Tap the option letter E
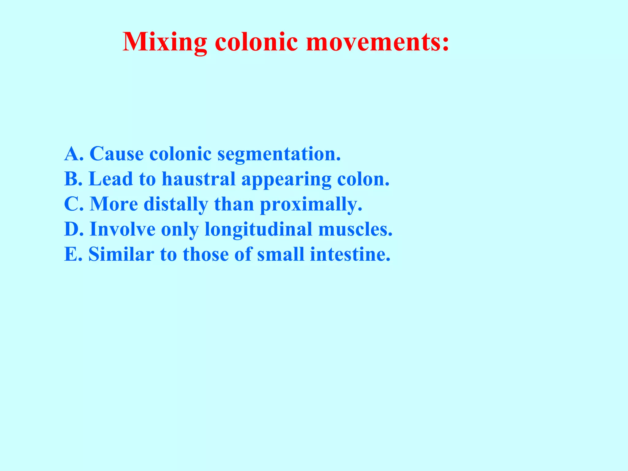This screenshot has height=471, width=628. click(x=71, y=254)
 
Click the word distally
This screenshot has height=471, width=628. click(x=176, y=205)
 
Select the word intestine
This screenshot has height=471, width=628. click(x=350, y=254)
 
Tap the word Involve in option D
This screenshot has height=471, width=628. click(x=122, y=229)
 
